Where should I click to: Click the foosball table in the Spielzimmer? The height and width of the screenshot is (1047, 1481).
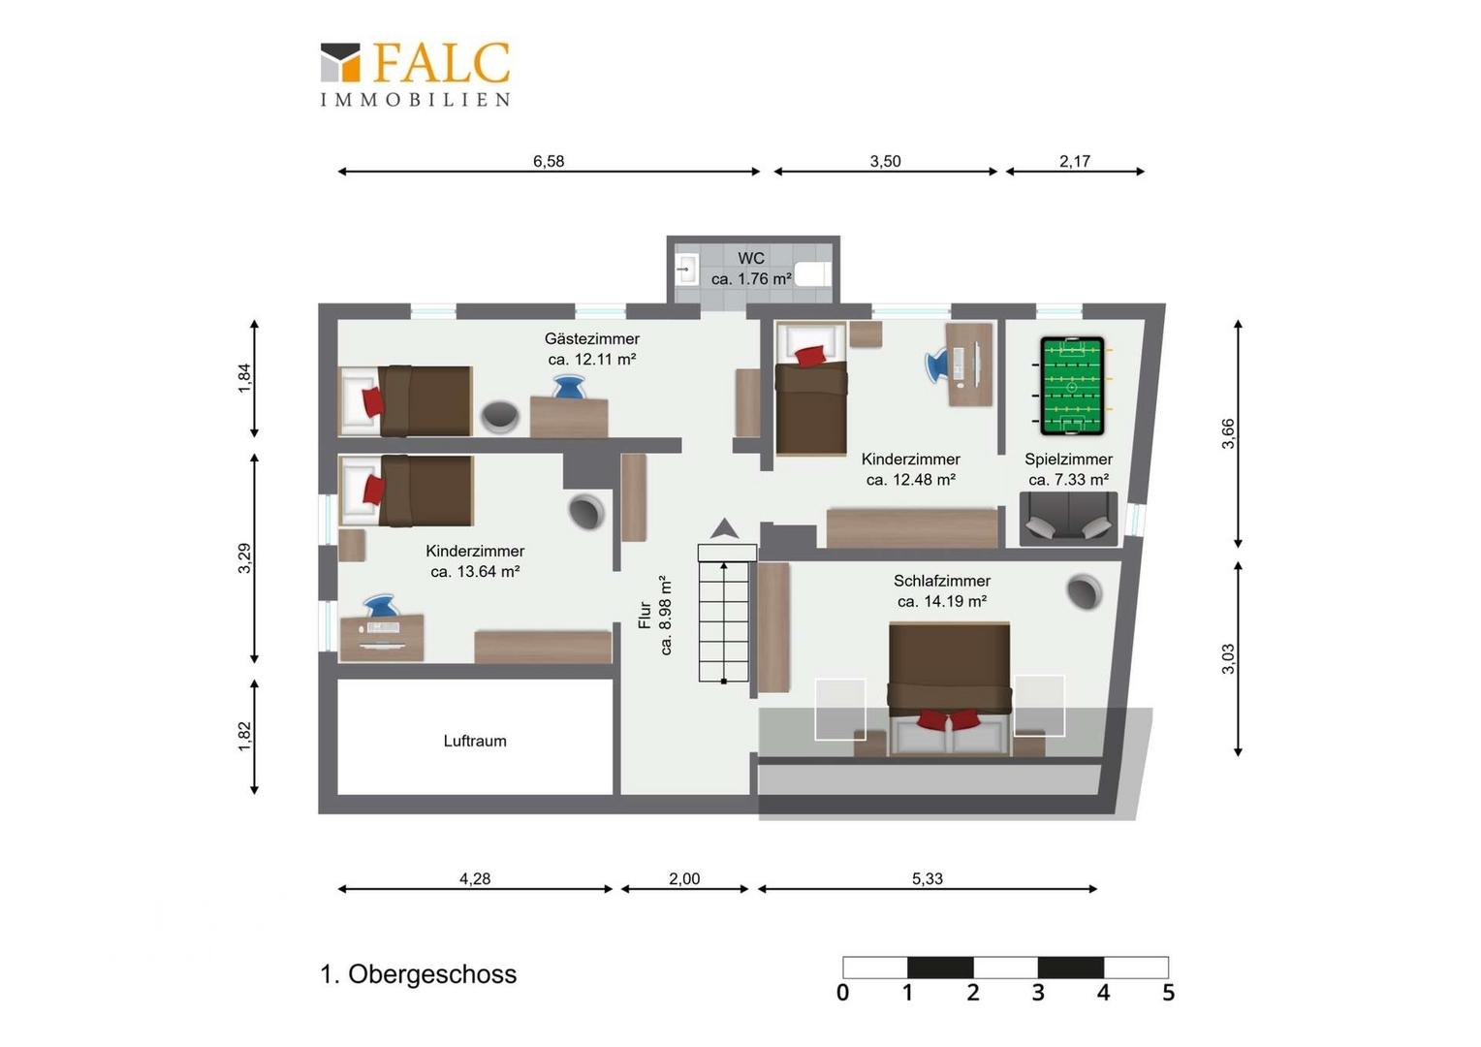pos(1072,386)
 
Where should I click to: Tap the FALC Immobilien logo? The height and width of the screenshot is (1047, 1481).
pos(415,74)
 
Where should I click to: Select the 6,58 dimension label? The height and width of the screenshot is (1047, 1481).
pos(549,161)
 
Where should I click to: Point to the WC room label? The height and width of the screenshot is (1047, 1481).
pos(751,258)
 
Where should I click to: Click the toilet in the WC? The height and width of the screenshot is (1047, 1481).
pos(812,273)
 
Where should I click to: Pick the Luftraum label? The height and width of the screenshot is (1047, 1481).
pos(475,741)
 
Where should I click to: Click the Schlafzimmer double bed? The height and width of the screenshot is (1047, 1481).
pos(950,688)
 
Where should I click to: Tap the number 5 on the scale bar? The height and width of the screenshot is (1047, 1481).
pos(1168,992)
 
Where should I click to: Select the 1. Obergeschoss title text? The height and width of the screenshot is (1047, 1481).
pos(419,974)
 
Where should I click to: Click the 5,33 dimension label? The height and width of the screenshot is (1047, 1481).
pos(927,879)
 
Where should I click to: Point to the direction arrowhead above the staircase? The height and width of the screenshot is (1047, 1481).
pos(725,527)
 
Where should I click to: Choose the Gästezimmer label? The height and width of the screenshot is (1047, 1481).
pos(592,338)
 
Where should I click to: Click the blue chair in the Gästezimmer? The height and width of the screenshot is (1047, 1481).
pos(569,386)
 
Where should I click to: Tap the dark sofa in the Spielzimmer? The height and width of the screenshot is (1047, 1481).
pos(1068,519)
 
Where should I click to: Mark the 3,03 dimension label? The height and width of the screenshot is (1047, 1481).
pos(1228,659)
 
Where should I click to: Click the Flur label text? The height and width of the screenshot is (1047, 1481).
pos(645,615)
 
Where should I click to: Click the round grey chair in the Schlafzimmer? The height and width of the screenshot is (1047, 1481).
pos(1084,591)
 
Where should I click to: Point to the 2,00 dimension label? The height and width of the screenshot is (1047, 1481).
pos(684,879)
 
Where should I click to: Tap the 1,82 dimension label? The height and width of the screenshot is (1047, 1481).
pos(244,736)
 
